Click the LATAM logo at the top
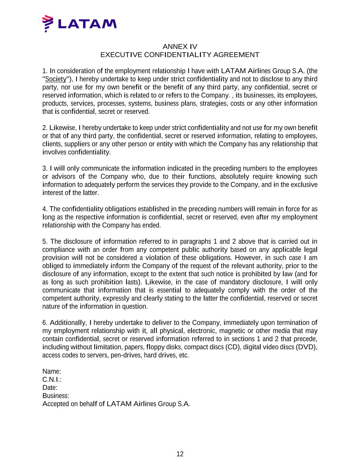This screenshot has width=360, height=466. click(x=79, y=24)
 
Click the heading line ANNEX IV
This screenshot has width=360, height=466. click(x=180, y=46)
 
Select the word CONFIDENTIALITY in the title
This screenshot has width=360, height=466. click(x=178, y=55)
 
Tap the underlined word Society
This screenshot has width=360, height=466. click(x=56, y=79)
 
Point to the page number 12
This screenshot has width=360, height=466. click(x=180, y=454)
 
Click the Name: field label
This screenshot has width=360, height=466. click(x=52, y=371)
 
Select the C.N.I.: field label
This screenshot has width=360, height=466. click(x=52, y=380)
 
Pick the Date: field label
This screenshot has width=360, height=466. click(x=50, y=388)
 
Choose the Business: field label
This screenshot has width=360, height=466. click(x=56, y=396)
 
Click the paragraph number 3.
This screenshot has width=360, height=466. click(x=44, y=168)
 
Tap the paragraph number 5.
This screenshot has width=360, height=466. click(x=44, y=242)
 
